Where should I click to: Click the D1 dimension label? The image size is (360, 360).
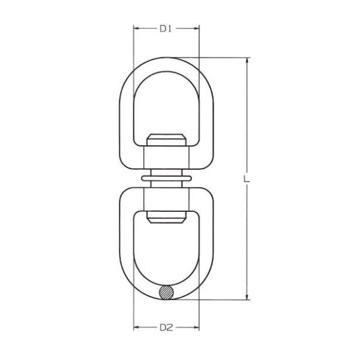coord(166,28)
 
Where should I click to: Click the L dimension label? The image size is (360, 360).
coord(247,179)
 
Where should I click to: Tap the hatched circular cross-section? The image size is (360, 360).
coord(167,292)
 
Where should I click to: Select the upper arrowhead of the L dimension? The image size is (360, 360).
coord(247,60)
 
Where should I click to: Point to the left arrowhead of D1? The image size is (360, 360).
coord(137,28)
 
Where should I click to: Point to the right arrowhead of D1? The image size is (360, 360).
coord(196,28)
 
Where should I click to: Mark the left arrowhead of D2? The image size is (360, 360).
coord(137,326)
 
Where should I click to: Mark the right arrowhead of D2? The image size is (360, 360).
coord(196,326)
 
